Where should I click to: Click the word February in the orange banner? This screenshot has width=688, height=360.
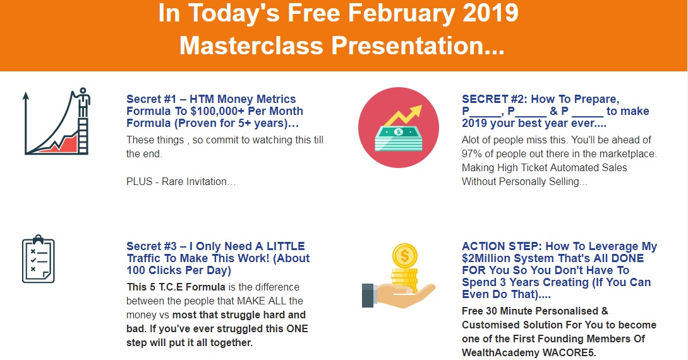[x=399, y=13]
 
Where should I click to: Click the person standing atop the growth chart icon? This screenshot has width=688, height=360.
[x=83, y=102]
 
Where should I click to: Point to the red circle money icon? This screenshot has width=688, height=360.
[x=399, y=127]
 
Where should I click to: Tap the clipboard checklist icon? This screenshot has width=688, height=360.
[x=39, y=259]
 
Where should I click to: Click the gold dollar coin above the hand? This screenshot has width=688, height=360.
[x=404, y=256]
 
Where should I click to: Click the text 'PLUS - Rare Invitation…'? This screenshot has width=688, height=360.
[x=181, y=181]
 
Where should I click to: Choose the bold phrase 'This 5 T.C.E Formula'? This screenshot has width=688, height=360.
[x=176, y=287]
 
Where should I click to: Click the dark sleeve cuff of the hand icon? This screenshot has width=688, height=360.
[x=368, y=296]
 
